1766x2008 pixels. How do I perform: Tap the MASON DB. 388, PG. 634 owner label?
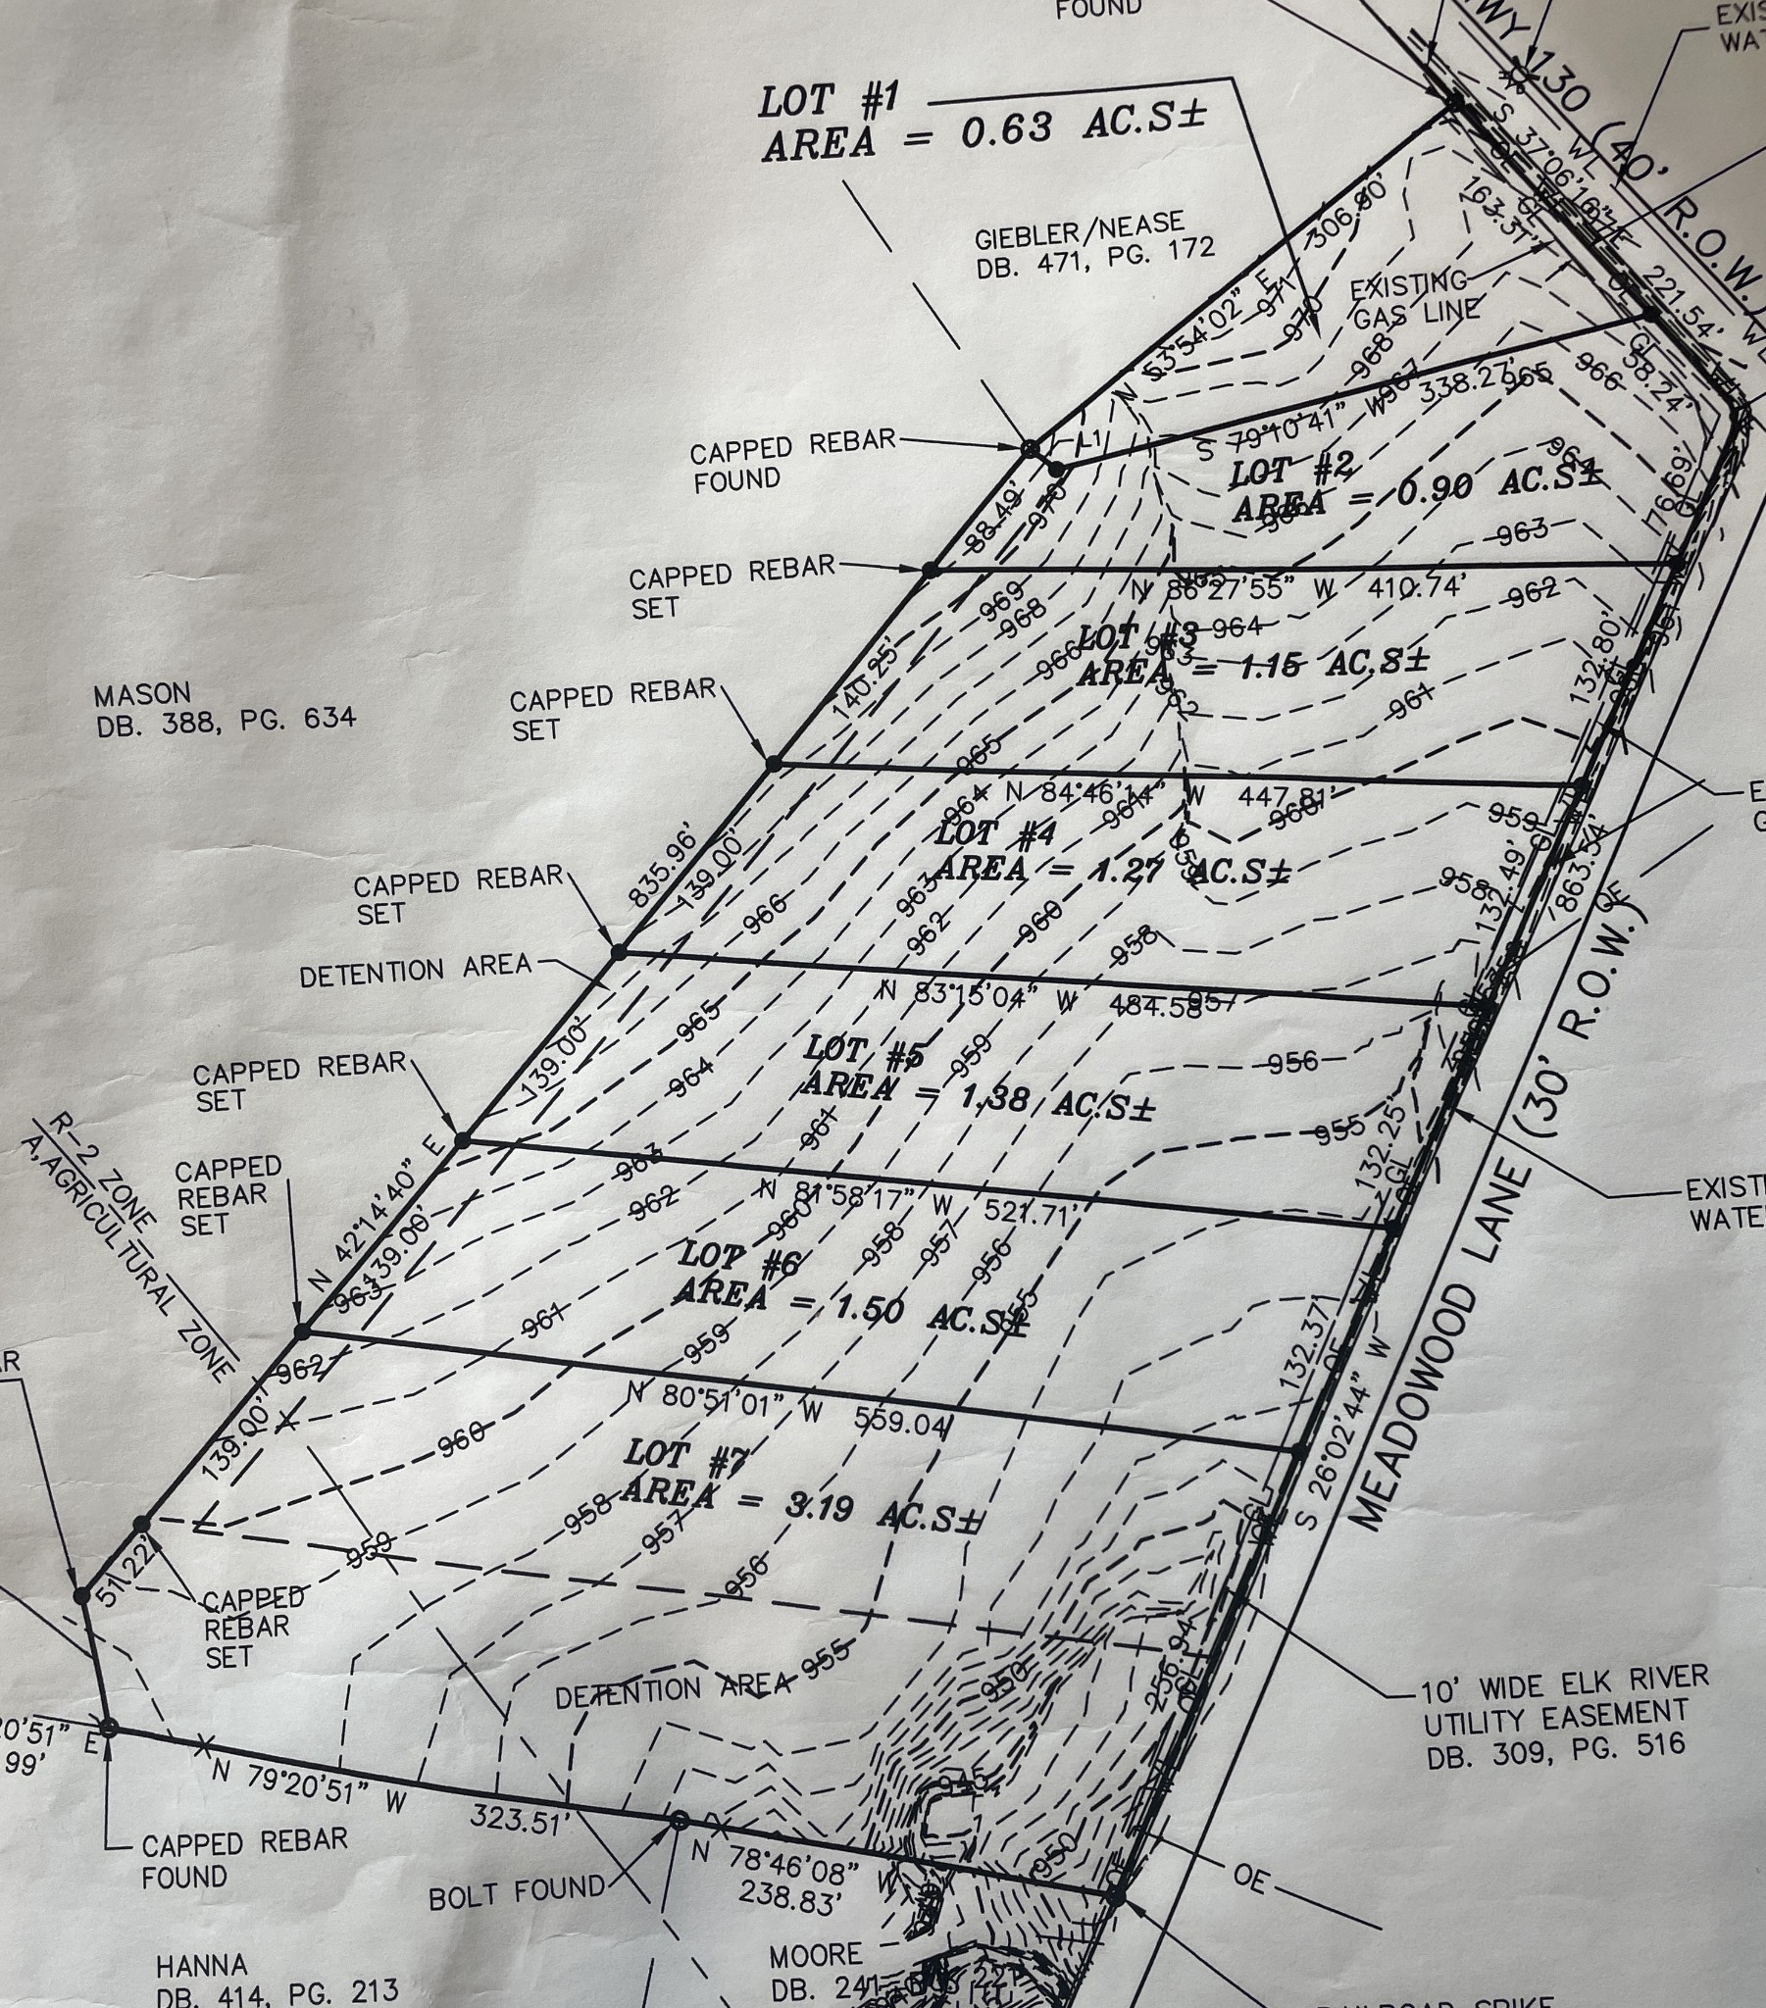pyautogui.click(x=226, y=707)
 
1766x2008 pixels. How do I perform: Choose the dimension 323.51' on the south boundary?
pyautogui.click(x=520, y=1819)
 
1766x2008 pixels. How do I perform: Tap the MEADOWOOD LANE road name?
pyautogui.click(x=1440, y=1346)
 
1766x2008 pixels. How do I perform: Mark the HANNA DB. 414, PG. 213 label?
pyautogui.click(x=278, y=1979)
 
